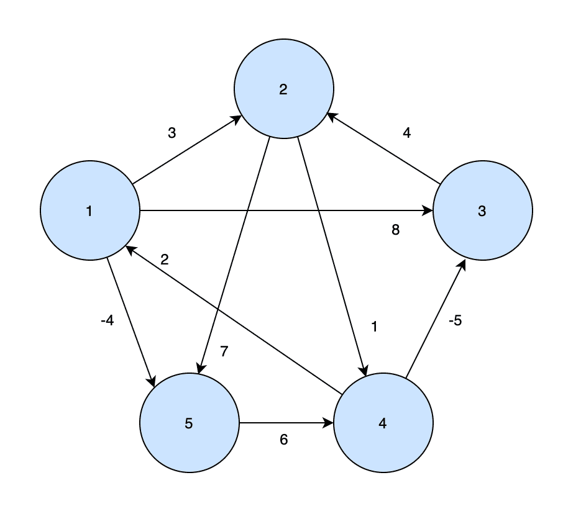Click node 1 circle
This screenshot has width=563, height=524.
pos(89,210)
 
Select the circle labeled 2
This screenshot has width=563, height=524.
pos(283,89)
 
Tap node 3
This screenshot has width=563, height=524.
pos(482,210)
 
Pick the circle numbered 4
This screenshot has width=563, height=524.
pos(383,423)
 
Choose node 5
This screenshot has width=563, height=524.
pos(189,423)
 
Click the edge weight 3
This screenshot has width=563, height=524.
pos(172,133)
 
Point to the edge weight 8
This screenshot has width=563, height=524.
pos(395,230)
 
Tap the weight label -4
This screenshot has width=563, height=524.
pos(107,322)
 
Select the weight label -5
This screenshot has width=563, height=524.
pos(455,322)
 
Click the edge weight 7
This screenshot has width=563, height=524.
pos(224,351)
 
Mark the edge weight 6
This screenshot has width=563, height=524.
pos(284,440)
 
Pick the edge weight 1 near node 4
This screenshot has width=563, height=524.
pos(374,327)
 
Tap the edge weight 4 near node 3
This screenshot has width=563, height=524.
pos(407,132)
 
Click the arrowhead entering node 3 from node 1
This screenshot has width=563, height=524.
pos(429,211)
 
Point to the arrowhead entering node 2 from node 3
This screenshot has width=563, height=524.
pos(332,116)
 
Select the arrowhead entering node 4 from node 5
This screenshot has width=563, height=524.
pos(329,423)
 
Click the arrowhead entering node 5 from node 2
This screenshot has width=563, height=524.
pos(199,369)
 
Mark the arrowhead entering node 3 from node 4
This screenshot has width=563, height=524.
pos(462,264)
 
